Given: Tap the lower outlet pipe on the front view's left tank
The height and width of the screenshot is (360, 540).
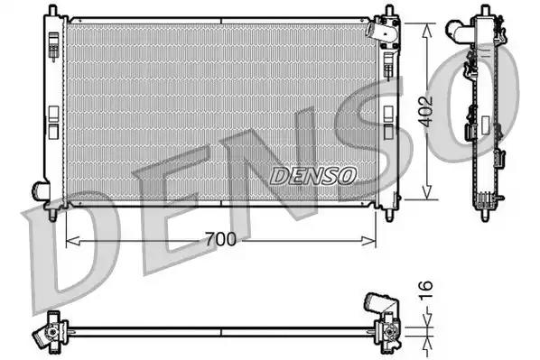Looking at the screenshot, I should (x=40, y=190).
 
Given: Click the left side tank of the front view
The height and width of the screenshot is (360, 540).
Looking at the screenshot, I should (x=53, y=108).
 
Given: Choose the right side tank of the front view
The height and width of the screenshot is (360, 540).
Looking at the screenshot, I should (x=388, y=113).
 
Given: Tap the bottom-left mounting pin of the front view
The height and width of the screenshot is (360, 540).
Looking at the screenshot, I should (x=54, y=216).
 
